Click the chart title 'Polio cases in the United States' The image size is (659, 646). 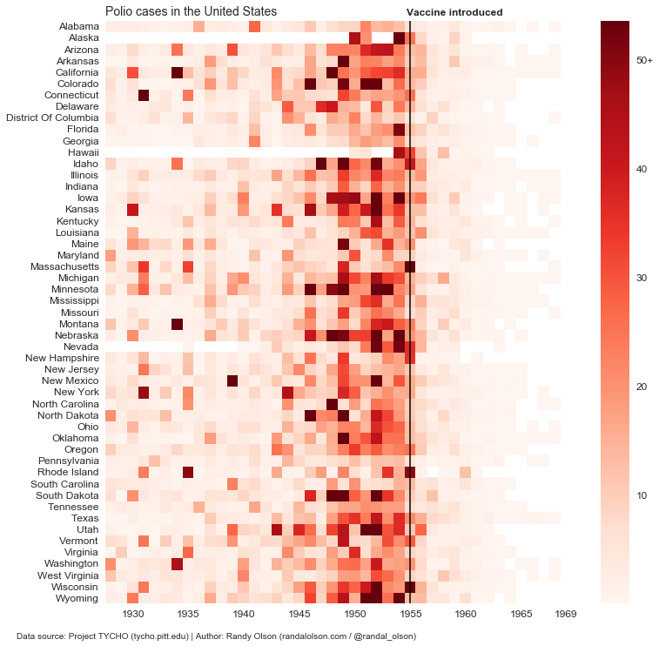[x=191, y=11]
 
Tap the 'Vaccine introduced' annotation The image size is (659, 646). [x=454, y=13]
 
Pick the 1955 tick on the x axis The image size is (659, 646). [x=411, y=614]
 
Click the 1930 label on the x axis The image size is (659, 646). [x=133, y=614]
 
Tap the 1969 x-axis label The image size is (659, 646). [x=566, y=614]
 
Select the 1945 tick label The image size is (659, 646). [x=299, y=614]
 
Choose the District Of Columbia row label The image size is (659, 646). [x=52, y=118]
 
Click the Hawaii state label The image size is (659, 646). [x=82, y=151]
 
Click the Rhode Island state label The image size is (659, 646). [x=69, y=472]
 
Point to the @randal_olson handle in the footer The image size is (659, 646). [x=386, y=636]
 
